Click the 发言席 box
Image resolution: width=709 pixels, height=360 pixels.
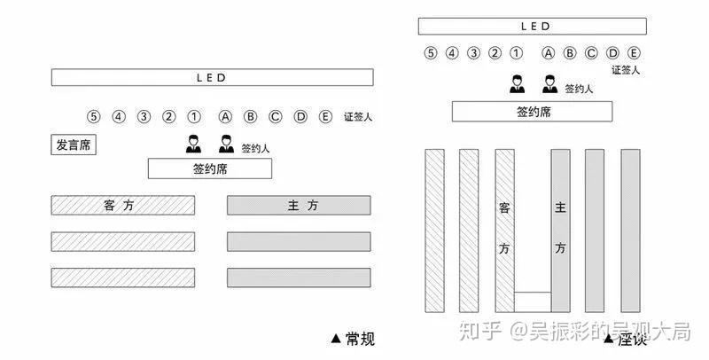(x=74, y=145)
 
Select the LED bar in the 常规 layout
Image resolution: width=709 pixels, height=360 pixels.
(x=211, y=78)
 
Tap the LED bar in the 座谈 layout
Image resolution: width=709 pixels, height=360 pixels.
(x=532, y=27)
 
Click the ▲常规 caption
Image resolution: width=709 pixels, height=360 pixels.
(x=353, y=338)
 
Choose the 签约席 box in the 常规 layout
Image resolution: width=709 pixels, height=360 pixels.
(x=210, y=168)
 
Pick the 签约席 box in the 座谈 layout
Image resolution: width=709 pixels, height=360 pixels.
(x=533, y=112)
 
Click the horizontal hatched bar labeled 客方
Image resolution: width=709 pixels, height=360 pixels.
(x=122, y=206)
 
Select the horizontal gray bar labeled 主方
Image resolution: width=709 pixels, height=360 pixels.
(x=299, y=206)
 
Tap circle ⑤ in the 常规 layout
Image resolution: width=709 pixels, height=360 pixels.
(x=93, y=116)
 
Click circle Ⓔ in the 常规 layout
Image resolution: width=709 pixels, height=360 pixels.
(x=325, y=116)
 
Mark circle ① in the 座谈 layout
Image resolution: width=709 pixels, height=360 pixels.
(x=517, y=52)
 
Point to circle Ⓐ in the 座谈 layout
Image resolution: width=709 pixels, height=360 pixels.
(x=549, y=52)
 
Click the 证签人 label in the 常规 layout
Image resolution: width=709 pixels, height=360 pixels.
(x=358, y=117)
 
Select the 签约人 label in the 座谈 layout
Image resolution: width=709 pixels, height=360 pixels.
(x=580, y=88)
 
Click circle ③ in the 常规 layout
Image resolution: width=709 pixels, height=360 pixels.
(x=144, y=116)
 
